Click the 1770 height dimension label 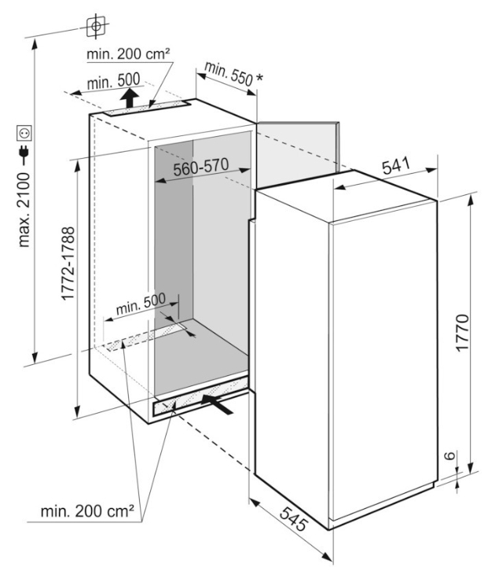point(462,332)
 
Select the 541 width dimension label point(396,166)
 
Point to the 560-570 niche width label point(200,168)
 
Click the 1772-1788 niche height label point(68,263)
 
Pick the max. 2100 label point(24,210)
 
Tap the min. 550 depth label point(229,74)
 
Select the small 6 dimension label point(450,455)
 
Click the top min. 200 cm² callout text point(128,54)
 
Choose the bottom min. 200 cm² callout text point(87,511)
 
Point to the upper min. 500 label point(113,82)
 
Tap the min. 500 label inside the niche point(141,304)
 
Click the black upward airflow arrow point(130,98)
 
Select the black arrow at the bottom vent point(217,403)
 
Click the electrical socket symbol point(24,133)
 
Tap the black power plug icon point(24,154)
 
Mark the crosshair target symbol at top point(96,26)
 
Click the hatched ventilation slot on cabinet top point(147,109)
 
